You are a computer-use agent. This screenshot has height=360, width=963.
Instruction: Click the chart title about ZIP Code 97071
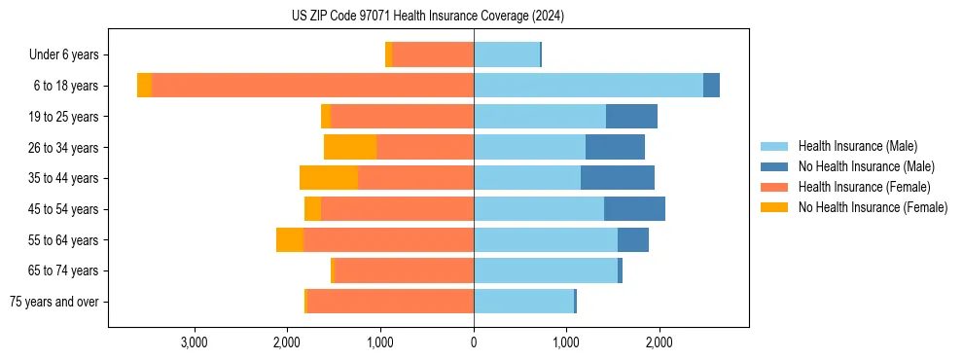[x=427, y=17]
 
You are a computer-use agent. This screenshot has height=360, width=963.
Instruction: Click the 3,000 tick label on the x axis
[x=195, y=342]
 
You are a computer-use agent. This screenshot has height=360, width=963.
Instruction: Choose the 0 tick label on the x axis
[x=474, y=342]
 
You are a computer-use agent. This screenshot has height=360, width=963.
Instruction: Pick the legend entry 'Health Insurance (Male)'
[x=857, y=146]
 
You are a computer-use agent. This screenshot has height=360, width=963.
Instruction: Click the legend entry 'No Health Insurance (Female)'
[x=873, y=207]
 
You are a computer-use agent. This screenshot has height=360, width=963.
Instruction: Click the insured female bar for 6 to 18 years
[x=312, y=86]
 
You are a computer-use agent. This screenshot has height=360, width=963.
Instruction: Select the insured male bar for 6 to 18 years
[x=588, y=86]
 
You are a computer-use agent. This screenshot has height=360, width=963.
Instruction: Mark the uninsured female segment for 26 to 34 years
[x=350, y=147]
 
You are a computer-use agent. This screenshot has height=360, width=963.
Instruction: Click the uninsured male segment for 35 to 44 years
[x=618, y=178]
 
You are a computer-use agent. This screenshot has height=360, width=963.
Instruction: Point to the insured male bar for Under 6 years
[x=506, y=54]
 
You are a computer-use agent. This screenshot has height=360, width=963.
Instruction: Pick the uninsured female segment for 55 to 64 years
[x=290, y=239]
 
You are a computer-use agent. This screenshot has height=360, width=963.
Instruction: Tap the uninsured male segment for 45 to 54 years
[x=634, y=208]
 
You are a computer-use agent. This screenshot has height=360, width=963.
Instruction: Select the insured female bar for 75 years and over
[x=390, y=302]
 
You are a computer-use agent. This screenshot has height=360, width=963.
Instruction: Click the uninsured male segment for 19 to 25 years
[x=631, y=116]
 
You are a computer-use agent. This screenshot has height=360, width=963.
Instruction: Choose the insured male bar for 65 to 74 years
[x=545, y=270]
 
